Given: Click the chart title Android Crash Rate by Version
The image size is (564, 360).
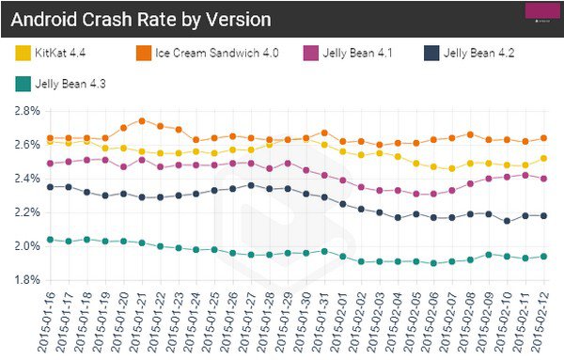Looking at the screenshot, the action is point(141,20).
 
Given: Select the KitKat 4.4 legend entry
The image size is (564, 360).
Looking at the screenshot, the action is point(51,54).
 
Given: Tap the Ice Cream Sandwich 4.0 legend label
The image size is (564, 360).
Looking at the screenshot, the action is point(217,54).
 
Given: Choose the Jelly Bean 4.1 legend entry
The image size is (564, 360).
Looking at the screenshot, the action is point(348,54).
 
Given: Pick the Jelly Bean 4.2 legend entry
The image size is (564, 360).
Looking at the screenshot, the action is point(469,54).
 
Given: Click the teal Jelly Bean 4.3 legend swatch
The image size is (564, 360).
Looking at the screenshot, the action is point(23,85).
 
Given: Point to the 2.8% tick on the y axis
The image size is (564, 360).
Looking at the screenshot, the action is point(27,111).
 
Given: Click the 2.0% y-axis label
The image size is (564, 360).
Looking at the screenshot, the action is point(27,246).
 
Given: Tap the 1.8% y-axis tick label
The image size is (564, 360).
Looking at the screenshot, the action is point(27,280).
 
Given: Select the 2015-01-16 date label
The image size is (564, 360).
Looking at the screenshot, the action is point(48,322).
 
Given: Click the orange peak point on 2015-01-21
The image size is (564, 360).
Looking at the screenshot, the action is point(142,121).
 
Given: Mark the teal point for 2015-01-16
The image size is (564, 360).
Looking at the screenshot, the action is point(51,240).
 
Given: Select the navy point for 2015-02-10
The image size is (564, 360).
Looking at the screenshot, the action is point(508,221).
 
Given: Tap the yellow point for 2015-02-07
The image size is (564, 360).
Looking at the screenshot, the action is point(452,168).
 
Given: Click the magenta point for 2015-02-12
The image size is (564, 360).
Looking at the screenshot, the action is point(544,179).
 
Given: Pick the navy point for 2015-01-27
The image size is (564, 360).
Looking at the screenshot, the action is point(251,185).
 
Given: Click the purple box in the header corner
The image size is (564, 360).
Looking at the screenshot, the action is point(542,10).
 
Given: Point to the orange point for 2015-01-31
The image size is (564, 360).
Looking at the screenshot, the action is point(324,133).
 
